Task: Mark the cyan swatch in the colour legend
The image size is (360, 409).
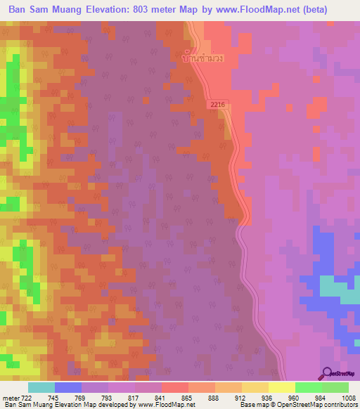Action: point(41,387)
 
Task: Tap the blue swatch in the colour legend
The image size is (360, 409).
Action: point(67,387)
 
